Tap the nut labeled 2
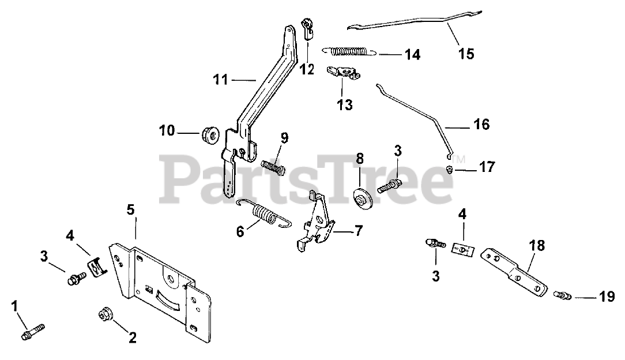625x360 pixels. tap(104, 315)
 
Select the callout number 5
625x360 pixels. tap(131, 209)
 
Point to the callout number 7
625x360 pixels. tap(359, 232)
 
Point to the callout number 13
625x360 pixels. tap(345, 105)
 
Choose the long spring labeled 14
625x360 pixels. tap(349, 51)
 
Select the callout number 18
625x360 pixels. tap(536, 245)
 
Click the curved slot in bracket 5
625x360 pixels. tap(165, 300)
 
